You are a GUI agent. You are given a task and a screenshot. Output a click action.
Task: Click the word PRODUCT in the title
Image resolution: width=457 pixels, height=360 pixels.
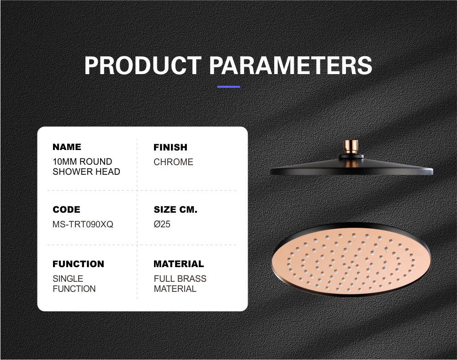coord(143,65)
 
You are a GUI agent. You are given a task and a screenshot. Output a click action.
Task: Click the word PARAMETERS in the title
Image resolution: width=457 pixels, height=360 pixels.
coord(291,65)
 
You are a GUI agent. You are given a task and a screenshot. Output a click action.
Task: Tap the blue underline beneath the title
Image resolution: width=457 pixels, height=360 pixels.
coord(228,86)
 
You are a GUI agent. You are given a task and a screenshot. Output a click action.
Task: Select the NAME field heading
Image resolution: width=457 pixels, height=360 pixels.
coord(67,147)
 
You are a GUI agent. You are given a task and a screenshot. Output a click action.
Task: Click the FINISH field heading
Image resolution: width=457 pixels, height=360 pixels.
coord(170,147)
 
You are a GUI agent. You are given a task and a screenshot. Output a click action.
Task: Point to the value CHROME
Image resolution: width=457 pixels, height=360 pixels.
coord(173,162)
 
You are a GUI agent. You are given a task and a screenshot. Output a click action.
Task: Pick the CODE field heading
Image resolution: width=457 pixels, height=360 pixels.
coord(66,210)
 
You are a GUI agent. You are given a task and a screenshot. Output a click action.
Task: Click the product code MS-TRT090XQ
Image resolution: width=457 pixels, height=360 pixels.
coord(83,224)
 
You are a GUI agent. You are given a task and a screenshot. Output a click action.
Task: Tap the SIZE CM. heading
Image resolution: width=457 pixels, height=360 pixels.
coord(175,210)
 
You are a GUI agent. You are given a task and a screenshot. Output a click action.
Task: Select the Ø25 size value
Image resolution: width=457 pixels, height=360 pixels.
coord(162,224)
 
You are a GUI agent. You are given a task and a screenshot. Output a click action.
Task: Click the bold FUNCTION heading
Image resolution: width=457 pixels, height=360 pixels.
coord(79,264)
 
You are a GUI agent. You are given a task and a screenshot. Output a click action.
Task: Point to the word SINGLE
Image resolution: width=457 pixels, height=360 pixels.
coord(68,279)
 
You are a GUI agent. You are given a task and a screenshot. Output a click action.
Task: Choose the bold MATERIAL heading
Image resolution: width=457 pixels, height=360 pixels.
coord(179,264)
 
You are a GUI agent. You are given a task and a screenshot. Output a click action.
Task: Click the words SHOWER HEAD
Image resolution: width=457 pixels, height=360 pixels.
coord(86,172)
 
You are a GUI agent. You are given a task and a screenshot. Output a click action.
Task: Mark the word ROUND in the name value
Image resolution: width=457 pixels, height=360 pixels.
coord(96,161)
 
